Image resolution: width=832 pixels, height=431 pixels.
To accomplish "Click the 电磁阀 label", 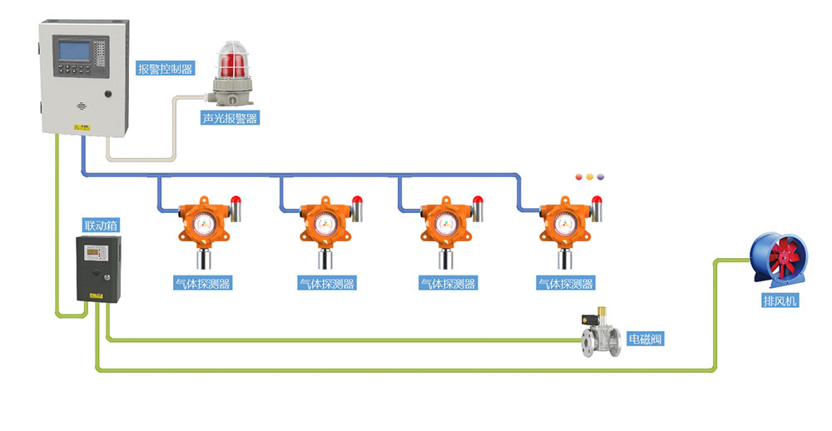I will tap(646, 339).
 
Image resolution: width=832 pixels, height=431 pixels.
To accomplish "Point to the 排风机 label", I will tap(780, 300).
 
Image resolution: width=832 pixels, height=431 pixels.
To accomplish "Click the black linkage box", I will tap(97, 268).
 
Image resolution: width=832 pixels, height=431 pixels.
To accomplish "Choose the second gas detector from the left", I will tap(322, 225).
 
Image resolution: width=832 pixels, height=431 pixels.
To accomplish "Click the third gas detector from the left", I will tap(442, 225).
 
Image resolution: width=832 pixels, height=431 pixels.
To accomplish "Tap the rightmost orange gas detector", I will tap(561, 225).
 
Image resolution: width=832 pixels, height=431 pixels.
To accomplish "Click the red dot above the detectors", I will tap(580, 177).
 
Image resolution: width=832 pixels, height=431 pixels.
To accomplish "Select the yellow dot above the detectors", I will tap(590, 177).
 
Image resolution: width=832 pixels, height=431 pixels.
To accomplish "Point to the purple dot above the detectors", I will tap(600, 177).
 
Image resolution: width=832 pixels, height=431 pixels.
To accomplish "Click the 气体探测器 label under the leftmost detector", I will tap(203, 284).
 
